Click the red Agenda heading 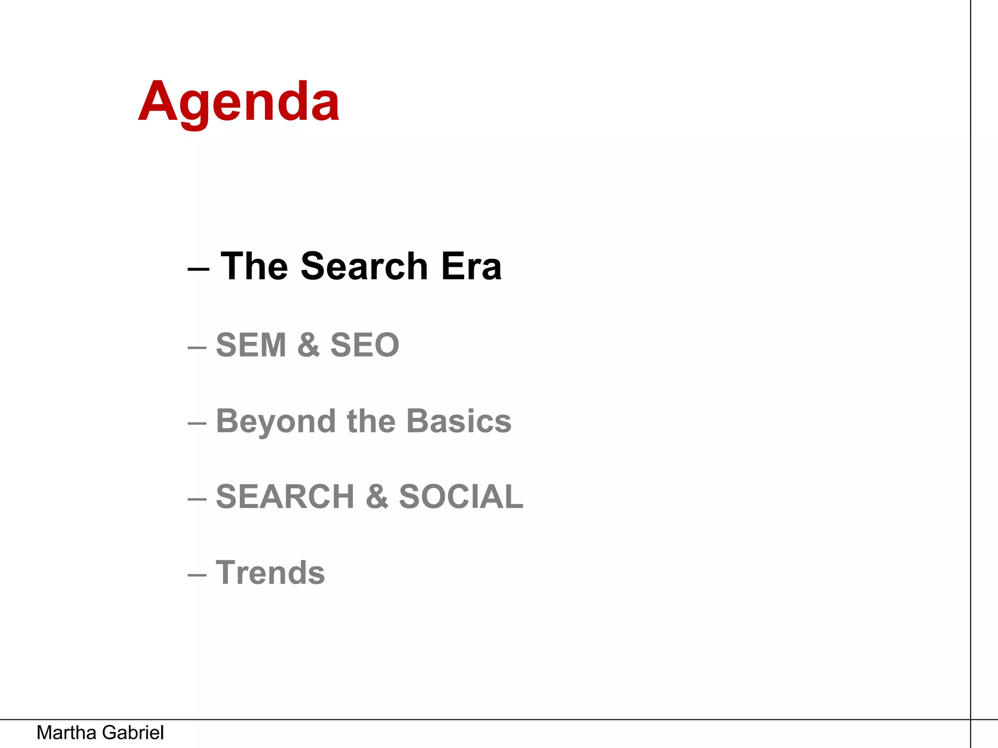[x=239, y=102]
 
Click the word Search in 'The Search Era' [x=364, y=266]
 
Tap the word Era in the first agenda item [x=471, y=266]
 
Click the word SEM [x=251, y=345]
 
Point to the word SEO [x=365, y=345]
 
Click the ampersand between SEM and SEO [x=308, y=345]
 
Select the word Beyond [x=276, y=421]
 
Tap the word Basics [x=459, y=421]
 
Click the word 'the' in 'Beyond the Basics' [x=371, y=421]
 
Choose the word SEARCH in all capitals [x=285, y=497]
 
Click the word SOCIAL [x=461, y=497]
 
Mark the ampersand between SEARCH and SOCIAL [x=377, y=497]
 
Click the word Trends [x=270, y=573]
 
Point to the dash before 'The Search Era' [x=198, y=269]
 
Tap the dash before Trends [x=197, y=575]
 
